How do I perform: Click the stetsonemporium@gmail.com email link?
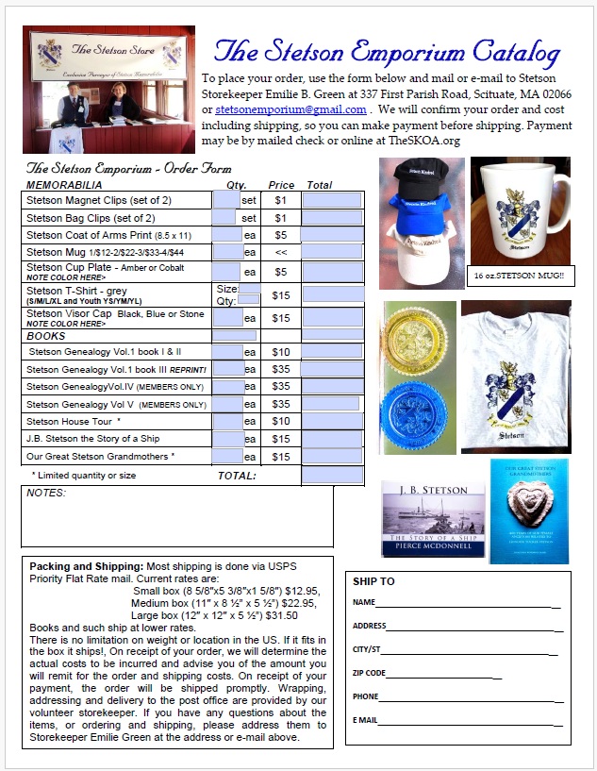(x=284, y=109)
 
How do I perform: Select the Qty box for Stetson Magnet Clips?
(x=226, y=200)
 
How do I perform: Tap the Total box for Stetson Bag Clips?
(x=332, y=218)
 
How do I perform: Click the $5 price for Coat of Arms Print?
(x=280, y=235)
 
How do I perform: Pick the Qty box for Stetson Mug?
(x=227, y=252)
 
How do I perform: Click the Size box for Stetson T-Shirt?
(x=250, y=289)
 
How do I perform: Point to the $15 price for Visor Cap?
(x=280, y=318)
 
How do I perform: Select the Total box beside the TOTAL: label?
(x=332, y=475)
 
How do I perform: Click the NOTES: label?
(x=46, y=493)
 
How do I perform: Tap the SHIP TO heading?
(x=373, y=581)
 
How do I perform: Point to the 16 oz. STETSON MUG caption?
(x=517, y=275)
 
